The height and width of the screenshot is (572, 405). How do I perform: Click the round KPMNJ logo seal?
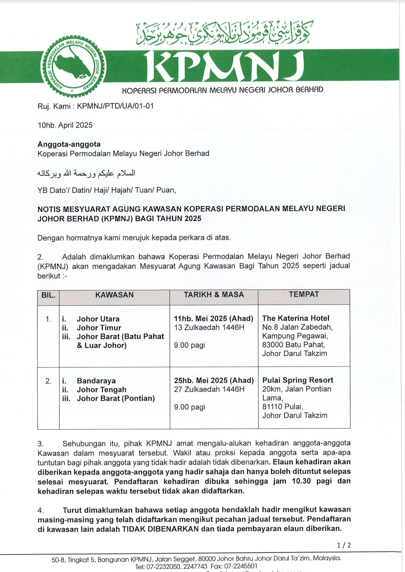click(x=73, y=65)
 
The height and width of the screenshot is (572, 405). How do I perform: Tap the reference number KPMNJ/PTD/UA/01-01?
click(x=115, y=106)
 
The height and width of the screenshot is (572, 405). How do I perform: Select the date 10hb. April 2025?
click(x=65, y=125)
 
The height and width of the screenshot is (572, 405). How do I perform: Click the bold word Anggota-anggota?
click(x=69, y=144)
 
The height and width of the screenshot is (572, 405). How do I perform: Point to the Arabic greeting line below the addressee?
click(x=86, y=173)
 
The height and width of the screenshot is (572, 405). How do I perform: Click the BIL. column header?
click(x=48, y=295)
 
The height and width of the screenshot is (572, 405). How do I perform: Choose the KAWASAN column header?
click(x=114, y=295)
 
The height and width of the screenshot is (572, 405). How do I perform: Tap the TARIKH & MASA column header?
click(x=214, y=295)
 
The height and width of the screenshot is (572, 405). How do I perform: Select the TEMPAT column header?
click(x=304, y=294)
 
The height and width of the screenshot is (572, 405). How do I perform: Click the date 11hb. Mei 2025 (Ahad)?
click(x=213, y=318)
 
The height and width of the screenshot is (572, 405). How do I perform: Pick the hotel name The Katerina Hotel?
click(x=295, y=318)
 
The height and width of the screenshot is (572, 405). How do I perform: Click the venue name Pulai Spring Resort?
click(x=298, y=380)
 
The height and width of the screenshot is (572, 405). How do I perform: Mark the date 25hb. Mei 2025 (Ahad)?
click(x=214, y=380)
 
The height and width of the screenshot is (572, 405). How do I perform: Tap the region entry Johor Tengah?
click(x=101, y=390)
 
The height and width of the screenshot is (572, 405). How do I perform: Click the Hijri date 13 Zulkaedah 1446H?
click(x=209, y=328)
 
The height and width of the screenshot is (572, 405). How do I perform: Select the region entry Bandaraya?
click(x=96, y=381)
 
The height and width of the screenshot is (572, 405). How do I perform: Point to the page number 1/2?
click(x=343, y=545)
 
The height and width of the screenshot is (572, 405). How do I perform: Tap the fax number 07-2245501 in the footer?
click(x=241, y=566)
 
